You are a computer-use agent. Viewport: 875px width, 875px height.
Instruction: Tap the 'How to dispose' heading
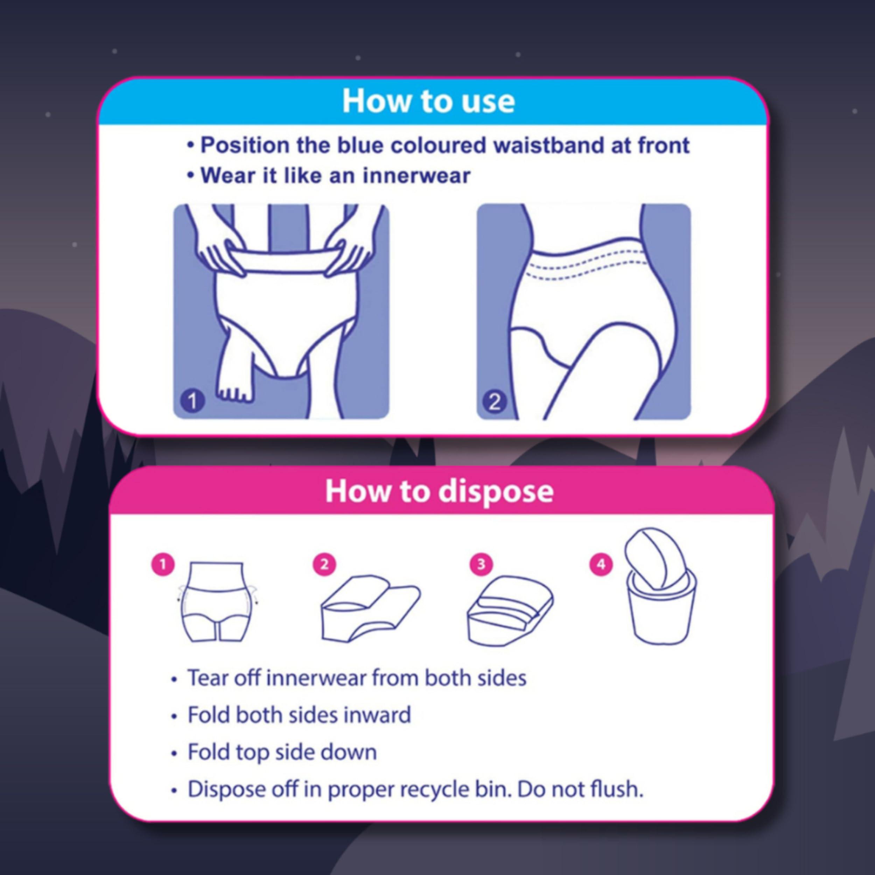point(439,491)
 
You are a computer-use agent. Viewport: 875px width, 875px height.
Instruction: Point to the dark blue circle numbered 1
point(192,401)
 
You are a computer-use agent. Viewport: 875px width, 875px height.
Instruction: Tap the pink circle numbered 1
point(163,564)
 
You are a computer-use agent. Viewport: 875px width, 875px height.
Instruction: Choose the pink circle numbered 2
point(324,564)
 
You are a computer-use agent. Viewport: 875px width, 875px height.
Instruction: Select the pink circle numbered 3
point(481,564)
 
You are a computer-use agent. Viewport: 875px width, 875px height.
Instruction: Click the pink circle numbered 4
point(601,564)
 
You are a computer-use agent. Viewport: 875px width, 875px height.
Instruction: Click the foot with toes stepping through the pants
point(236,385)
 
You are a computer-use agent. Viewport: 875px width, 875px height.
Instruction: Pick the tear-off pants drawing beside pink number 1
point(217,602)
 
